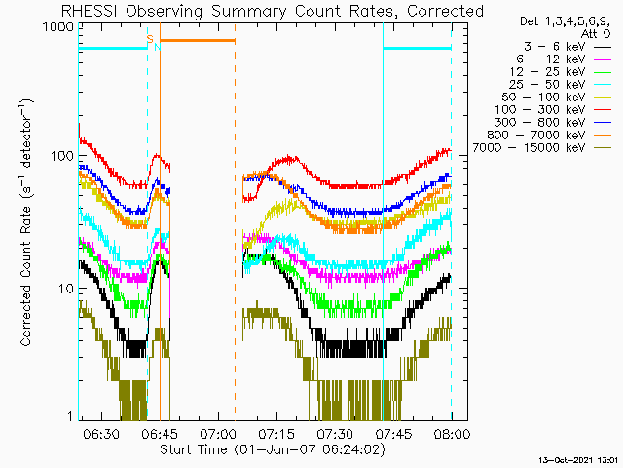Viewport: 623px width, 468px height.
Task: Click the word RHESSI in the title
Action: click(x=90, y=11)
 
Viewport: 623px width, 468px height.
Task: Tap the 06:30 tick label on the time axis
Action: click(x=101, y=433)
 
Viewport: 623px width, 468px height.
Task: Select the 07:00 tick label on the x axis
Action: click(x=218, y=433)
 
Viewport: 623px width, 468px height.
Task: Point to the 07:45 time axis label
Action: click(x=393, y=433)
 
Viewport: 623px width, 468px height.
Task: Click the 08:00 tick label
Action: click(x=452, y=433)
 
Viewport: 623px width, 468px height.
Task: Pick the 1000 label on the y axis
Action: click(x=58, y=27)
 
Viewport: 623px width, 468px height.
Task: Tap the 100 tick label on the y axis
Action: click(x=62, y=156)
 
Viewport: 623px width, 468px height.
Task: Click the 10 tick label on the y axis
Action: click(x=66, y=289)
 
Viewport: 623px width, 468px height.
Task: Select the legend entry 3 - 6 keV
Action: click(x=554, y=47)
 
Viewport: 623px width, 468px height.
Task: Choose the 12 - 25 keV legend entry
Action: click(x=547, y=72)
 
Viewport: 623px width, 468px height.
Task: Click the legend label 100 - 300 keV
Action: click(x=540, y=110)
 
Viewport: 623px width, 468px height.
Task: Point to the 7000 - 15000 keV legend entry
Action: click(x=529, y=148)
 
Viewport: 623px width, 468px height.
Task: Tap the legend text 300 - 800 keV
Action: click(x=540, y=123)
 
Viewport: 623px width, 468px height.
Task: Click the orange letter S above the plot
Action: click(x=150, y=39)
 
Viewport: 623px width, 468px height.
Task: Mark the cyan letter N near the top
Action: click(x=158, y=47)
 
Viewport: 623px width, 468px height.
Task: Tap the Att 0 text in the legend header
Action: click(x=596, y=34)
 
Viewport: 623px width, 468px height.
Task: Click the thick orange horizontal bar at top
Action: click(x=198, y=40)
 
